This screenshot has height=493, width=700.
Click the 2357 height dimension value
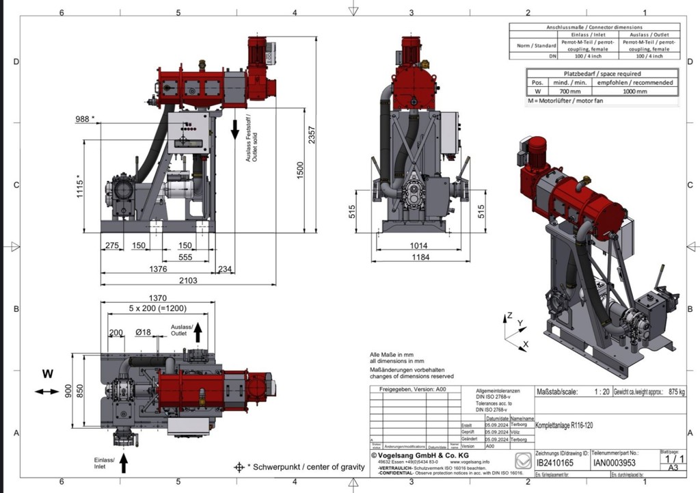click(x=312, y=135)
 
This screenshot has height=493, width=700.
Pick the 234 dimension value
click(x=224, y=269)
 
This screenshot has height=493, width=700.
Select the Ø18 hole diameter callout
click(x=144, y=332)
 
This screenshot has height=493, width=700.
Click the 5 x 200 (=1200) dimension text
click(x=158, y=308)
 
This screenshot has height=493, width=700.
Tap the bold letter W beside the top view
click(x=47, y=374)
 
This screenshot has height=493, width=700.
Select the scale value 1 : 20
click(x=602, y=392)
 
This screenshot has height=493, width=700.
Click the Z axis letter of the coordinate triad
click(x=509, y=317)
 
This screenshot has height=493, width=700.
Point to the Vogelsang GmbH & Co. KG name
click(x=419, y=455)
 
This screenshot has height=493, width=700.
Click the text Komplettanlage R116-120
click(x=564, y=425)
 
